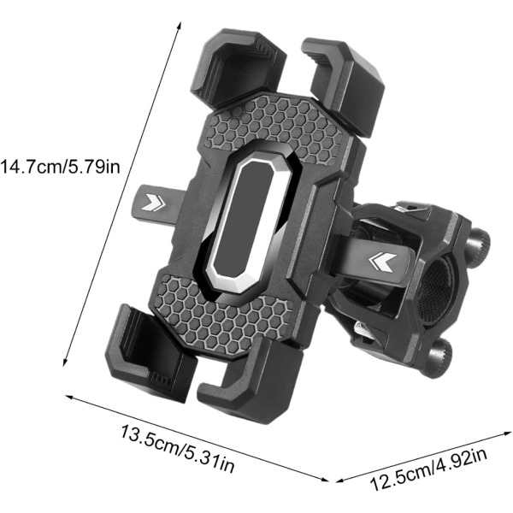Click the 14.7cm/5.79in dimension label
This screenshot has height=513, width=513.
(x=60, y=166)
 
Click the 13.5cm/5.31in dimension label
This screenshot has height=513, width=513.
(x=178, y=449)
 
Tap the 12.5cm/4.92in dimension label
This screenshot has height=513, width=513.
(x=429, y=469)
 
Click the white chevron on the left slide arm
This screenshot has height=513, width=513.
(x=153, y=202)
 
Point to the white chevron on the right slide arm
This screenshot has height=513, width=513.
(x=382, y=262)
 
